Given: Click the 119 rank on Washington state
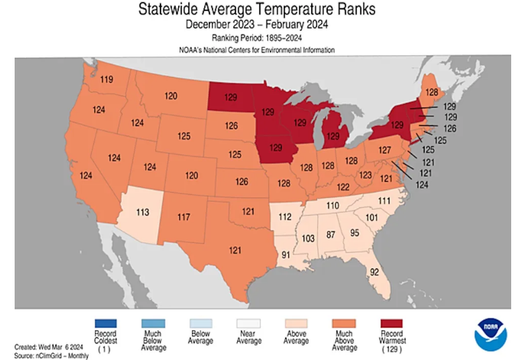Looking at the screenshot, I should click(106, 80).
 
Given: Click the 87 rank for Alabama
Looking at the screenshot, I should click(330, 235).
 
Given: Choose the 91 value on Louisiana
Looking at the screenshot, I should click(286, 255).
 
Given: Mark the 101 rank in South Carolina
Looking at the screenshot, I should click(372, 218).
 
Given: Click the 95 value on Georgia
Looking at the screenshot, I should click(355, 232).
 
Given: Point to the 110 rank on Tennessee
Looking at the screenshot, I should click(332, 205).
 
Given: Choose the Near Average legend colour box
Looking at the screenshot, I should click(249, 323).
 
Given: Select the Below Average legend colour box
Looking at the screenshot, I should click(200, 323).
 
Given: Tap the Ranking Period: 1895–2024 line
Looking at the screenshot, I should click(257, 38).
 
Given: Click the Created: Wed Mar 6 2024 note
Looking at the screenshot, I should click(48, 347).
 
